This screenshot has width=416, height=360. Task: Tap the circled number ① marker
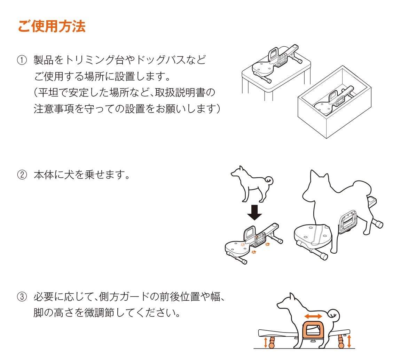coord(22,60)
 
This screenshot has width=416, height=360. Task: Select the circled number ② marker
coord(22,175)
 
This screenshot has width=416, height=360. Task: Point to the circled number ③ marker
coord(22,297)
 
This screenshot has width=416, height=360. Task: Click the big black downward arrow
coord(254,212)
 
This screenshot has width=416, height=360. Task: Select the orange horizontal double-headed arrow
coord(313,316)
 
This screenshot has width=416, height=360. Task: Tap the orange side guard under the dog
coord(313,332)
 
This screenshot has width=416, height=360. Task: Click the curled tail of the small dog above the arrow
coord(269,180)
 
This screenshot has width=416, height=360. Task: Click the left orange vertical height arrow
coord(266,342)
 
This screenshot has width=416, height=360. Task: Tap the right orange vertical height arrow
coord(349,341)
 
